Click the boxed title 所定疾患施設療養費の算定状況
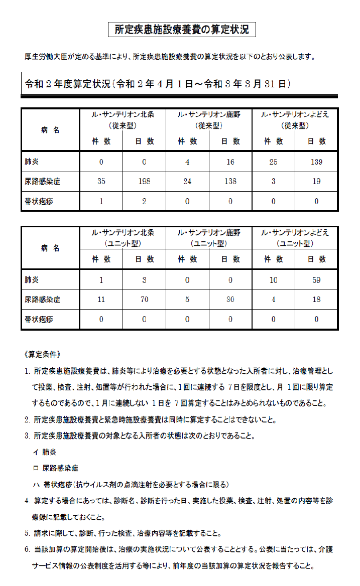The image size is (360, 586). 182,30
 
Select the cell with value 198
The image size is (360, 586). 144,181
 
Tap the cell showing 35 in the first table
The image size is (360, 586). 101,181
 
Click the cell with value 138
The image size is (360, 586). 230,181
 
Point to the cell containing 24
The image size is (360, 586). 187,181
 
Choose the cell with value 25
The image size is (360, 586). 273,162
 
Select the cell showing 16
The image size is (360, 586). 230,162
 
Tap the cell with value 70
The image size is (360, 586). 144,300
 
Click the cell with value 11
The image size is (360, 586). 101,300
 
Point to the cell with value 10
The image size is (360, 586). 273,280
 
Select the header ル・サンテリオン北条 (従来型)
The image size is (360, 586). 123,120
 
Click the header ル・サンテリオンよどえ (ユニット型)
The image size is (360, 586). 295,238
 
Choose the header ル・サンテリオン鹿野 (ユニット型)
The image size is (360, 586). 208,238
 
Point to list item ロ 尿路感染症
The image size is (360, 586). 56,468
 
